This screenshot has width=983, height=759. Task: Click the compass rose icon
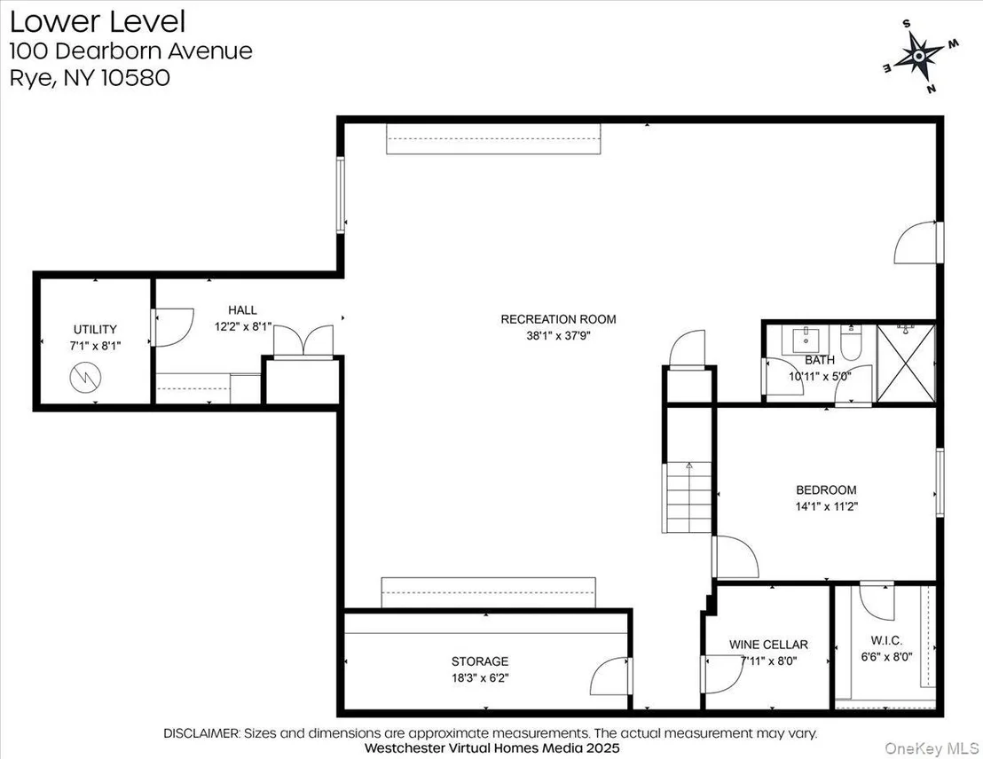pos(918,57)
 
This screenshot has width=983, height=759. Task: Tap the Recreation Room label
pos(558,319)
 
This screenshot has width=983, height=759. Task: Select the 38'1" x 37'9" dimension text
pos(558,336)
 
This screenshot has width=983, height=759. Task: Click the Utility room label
pos(95,329)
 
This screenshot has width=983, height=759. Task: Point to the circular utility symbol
pos(85,378)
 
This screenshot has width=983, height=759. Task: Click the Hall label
pos(242,309)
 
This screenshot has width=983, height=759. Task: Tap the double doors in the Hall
pos(303,341)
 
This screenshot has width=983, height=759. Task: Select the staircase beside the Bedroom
pos(688,497)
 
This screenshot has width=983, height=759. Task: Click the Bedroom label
pos(826,490)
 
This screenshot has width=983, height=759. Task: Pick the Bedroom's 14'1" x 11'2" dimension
pos(826,506)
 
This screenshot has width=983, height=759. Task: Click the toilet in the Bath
pos(850,342)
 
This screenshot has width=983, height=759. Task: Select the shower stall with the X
pos(906,364)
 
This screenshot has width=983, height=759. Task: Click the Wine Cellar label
pos(768,645)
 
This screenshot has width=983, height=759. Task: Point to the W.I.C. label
pos(886,640)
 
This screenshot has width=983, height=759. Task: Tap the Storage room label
pos(480,661)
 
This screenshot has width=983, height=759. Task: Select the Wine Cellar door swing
pos(723,674)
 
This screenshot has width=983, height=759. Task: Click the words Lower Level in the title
pos(98,21)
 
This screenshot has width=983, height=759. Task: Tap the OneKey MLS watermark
pos(932,747)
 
